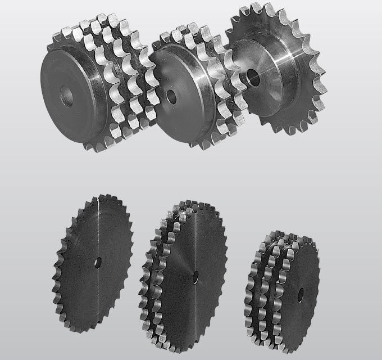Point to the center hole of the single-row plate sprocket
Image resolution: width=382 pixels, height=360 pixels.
tap(99, 262)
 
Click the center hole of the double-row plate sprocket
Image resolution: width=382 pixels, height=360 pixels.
tap(195, 275)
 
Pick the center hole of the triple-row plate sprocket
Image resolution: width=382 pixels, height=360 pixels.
tap(301, 292)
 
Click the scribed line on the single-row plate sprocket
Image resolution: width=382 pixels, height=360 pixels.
tap(97, 225)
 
